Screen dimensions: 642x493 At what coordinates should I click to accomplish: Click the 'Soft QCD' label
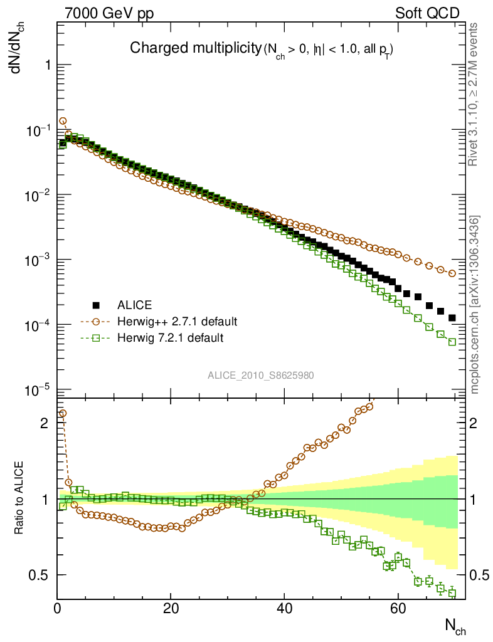(x=427, y=13)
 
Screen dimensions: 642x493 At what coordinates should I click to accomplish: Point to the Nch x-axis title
(x=455, y=625)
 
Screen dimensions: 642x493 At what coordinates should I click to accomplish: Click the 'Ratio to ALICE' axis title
(x=19, y=498)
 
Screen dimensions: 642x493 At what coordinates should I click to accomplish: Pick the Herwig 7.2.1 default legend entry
(x=170, y=338)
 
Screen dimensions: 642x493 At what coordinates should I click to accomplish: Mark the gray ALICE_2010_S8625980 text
(x=261, y=375)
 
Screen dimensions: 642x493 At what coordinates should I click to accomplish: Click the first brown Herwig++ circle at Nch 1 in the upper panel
(x=63, y=121)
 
